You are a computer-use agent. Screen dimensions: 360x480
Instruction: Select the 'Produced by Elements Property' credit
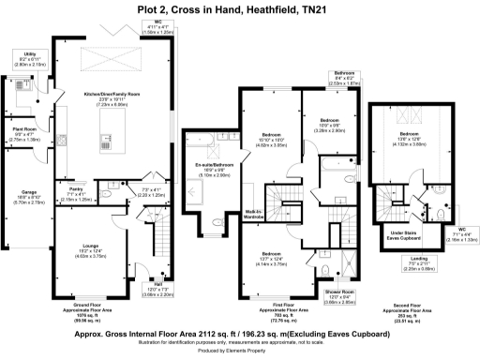click(240, 352)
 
